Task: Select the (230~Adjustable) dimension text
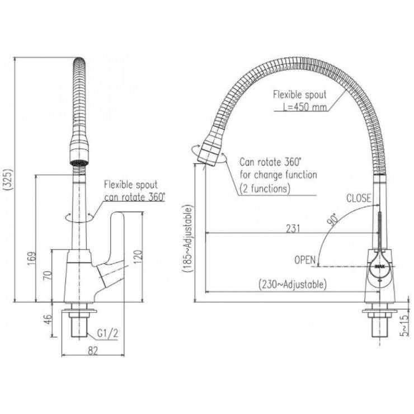point(291,285)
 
